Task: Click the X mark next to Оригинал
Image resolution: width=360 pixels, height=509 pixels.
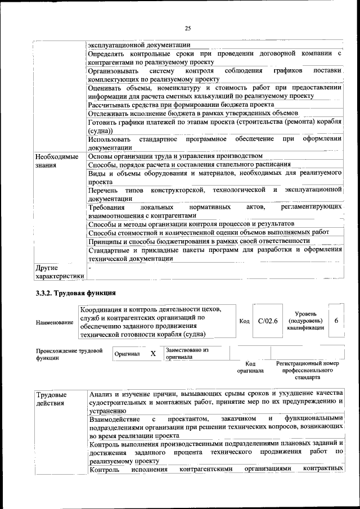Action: click(152, 354)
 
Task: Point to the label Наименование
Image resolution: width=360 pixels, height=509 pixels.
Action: click(55, 322)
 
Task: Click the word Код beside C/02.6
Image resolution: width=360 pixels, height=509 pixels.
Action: click(244, 321)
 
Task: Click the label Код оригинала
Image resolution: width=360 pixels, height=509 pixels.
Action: click(250, 368)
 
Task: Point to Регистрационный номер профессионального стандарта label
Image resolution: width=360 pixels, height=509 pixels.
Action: click(308, 371)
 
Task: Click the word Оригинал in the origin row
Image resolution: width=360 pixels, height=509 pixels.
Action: click(127, 354)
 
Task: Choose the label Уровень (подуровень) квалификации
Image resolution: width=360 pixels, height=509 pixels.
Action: click(305, 321)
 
